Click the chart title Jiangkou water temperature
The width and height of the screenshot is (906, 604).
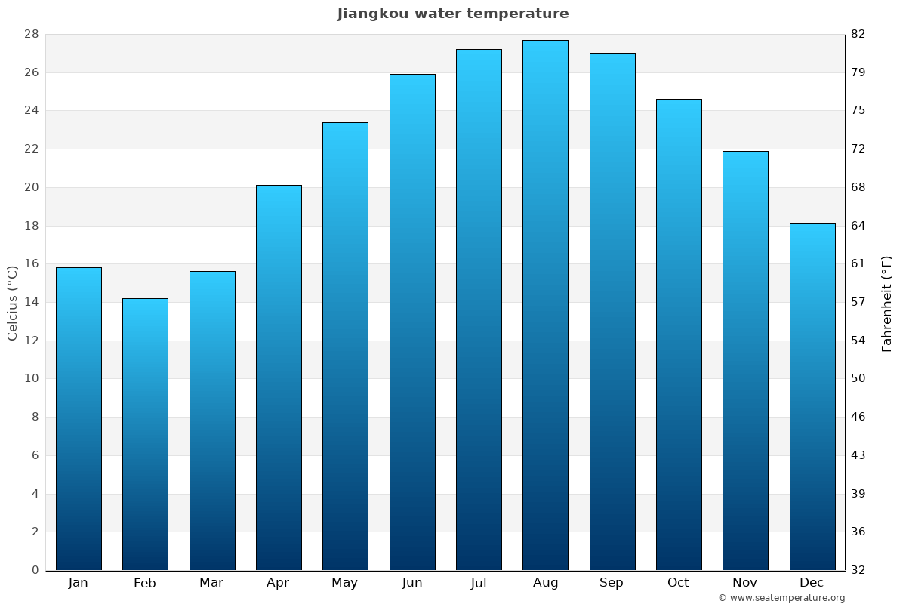point(453,14)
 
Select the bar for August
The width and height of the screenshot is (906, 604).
point(545,305)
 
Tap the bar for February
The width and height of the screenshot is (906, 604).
point(145,434)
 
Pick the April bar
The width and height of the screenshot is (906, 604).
point(279,377)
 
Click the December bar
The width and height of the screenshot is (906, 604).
point(812,396)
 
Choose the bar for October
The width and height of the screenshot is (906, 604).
point(679,334)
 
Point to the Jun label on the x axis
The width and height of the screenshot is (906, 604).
point(412,583)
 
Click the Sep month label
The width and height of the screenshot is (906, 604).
point(612,583)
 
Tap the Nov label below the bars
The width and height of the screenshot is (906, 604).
point(745,583)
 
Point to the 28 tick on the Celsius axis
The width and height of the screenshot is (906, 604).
point(32,35)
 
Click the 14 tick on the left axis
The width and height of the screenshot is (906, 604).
point(32,302)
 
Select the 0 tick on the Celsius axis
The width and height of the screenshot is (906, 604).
point(35,570)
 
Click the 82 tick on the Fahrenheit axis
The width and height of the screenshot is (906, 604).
point(859,35)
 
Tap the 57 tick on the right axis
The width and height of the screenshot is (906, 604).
point(859,302)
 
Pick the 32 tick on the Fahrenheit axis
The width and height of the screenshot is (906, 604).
point(859,570)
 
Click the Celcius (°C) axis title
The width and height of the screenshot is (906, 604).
point(13,302)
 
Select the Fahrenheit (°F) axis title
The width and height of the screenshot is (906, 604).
point(887,304)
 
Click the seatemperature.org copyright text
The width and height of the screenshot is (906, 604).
point(781,598)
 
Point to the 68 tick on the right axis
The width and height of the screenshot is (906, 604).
point(859,187)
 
